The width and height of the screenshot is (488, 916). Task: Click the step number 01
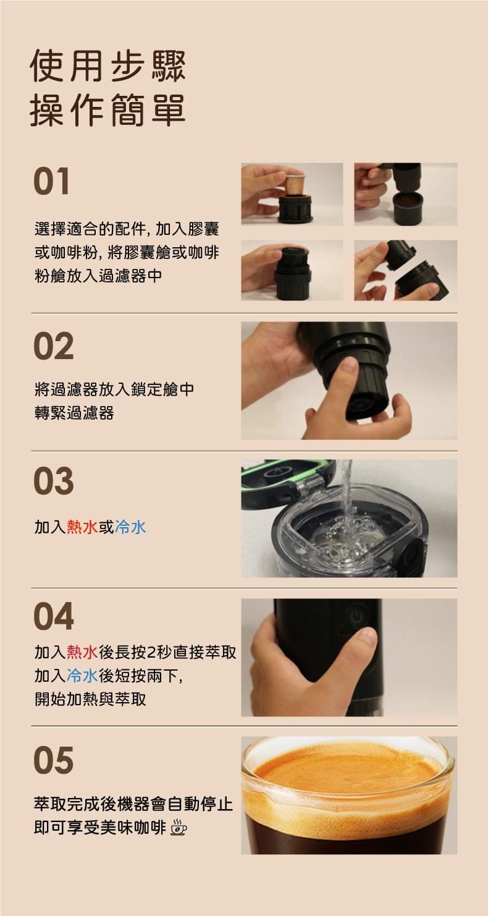(51, 181)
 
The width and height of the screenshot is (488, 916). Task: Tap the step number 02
(54, 346)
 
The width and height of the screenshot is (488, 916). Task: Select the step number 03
(54, 481)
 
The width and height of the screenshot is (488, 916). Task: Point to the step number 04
(54, 616)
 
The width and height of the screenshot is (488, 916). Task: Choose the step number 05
(54, 760)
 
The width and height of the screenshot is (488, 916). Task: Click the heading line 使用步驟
(108, 66)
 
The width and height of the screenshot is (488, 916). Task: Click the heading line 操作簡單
(108, 109)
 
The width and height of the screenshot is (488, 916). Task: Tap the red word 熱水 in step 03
(82, 527)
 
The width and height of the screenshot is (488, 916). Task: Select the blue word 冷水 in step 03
(130, 527)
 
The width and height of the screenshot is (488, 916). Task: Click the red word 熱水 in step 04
(82, 652)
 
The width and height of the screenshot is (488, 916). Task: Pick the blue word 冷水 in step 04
(82, 676)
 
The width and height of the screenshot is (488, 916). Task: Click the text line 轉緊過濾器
(74, 413)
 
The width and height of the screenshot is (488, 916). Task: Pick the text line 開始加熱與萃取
(90, 699)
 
